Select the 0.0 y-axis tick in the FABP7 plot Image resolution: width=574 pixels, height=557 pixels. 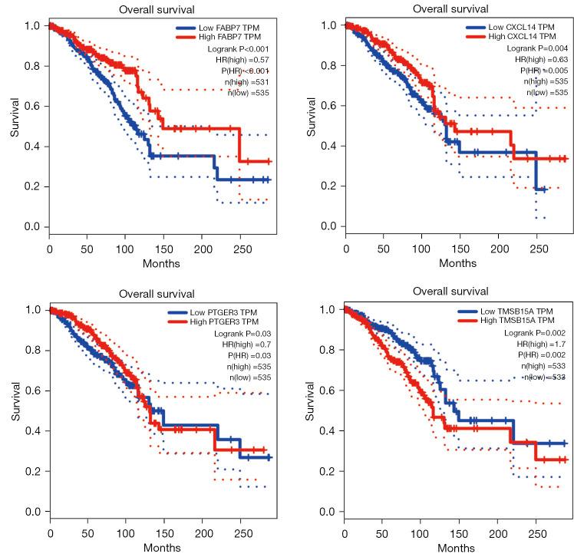31,226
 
